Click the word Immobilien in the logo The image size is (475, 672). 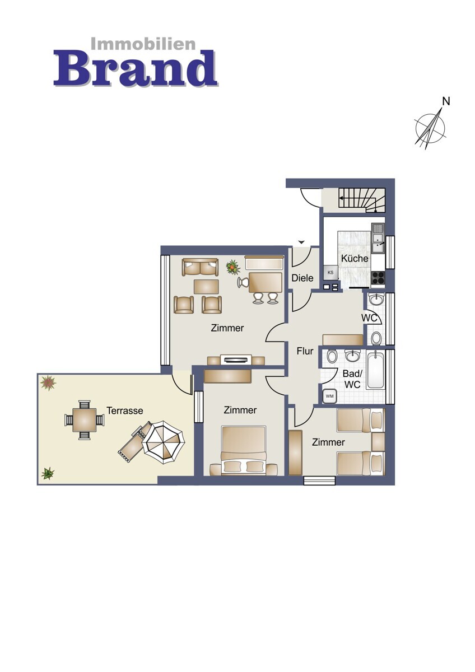pos(143,44)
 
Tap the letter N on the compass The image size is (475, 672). pos(446,102)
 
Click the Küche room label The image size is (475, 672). pos(355,258)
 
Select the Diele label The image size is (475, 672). pos(302,278)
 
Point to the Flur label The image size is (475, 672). pos(305,351)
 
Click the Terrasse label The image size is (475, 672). pos(124,410)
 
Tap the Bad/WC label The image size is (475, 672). pos(352,379)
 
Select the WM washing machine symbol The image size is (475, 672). pos(330,396)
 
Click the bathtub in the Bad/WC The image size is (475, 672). pos(375,371)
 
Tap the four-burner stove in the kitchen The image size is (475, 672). pos(378,278)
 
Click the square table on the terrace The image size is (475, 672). pos(85,420)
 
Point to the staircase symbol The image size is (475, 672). pos(362,200)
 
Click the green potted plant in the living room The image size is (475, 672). pos(233,267)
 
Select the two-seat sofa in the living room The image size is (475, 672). pos(200,267)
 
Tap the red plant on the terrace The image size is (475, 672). pos(48,383)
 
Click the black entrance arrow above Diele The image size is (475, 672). pos(301,242)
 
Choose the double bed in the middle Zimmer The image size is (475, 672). pos(244,451)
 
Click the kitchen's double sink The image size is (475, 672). pos(378,242)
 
